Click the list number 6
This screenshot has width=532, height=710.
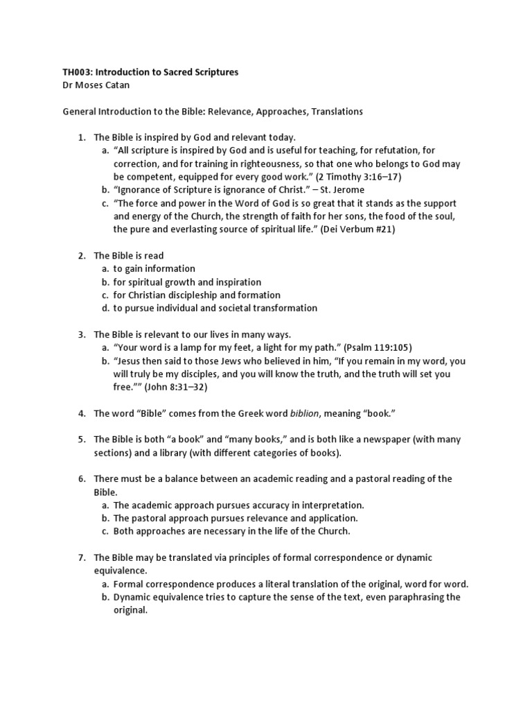tap(80, 479)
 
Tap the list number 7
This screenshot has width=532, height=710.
tap(80, 557)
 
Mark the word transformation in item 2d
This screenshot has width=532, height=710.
tap(278, 308)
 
